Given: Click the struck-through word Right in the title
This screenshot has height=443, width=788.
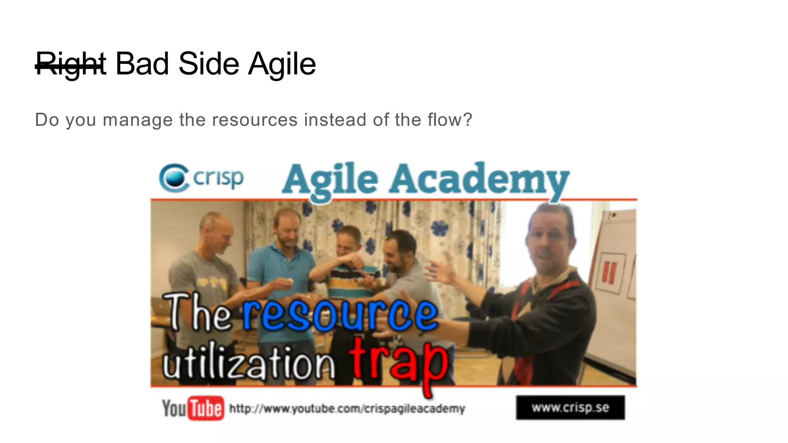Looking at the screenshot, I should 70,64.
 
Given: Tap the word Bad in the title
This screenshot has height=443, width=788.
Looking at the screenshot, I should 142,63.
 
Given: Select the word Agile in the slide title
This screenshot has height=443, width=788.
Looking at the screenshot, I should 282,64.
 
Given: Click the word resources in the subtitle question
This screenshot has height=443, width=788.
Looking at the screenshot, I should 255,120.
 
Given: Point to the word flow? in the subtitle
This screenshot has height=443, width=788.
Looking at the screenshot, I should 449,120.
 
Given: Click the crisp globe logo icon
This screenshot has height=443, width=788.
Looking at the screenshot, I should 174,178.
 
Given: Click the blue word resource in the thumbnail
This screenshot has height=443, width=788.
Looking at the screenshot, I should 340,315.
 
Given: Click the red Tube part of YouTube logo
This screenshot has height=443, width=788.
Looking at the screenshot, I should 206,408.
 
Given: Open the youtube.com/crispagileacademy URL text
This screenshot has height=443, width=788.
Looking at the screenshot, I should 347,408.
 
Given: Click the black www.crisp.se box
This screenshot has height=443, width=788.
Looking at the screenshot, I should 570,407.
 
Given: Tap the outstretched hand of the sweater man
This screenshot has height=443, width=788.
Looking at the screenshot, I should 439,275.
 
